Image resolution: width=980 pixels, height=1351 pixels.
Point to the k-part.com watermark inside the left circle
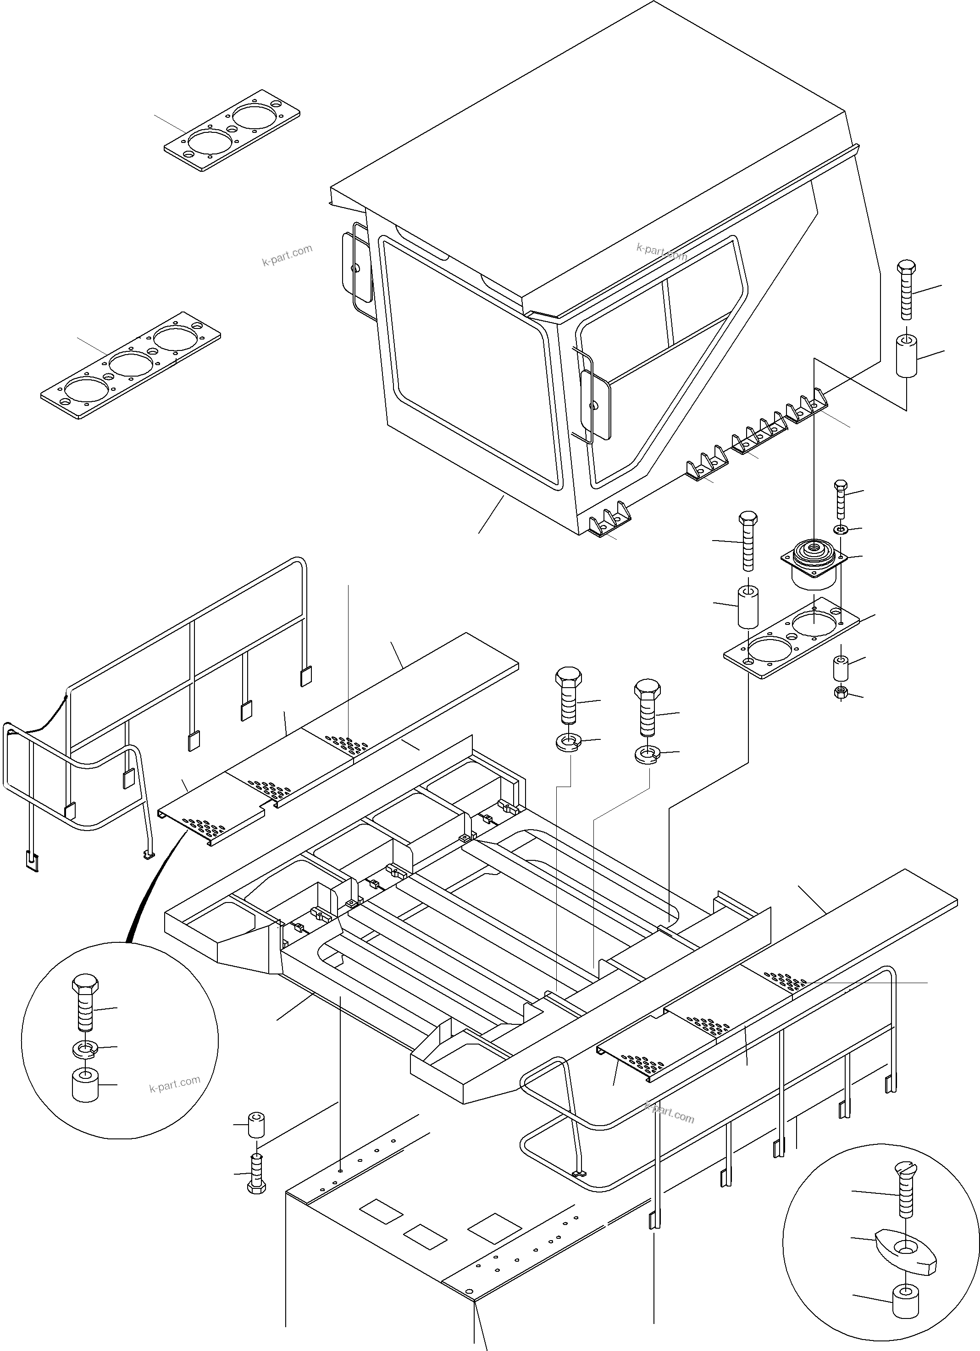[175, 1084]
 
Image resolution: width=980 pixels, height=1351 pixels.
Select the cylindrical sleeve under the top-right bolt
[906, 356]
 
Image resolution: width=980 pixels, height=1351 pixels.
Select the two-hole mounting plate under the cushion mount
[791, 637]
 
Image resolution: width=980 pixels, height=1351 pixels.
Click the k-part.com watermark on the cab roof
[661, 252]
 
